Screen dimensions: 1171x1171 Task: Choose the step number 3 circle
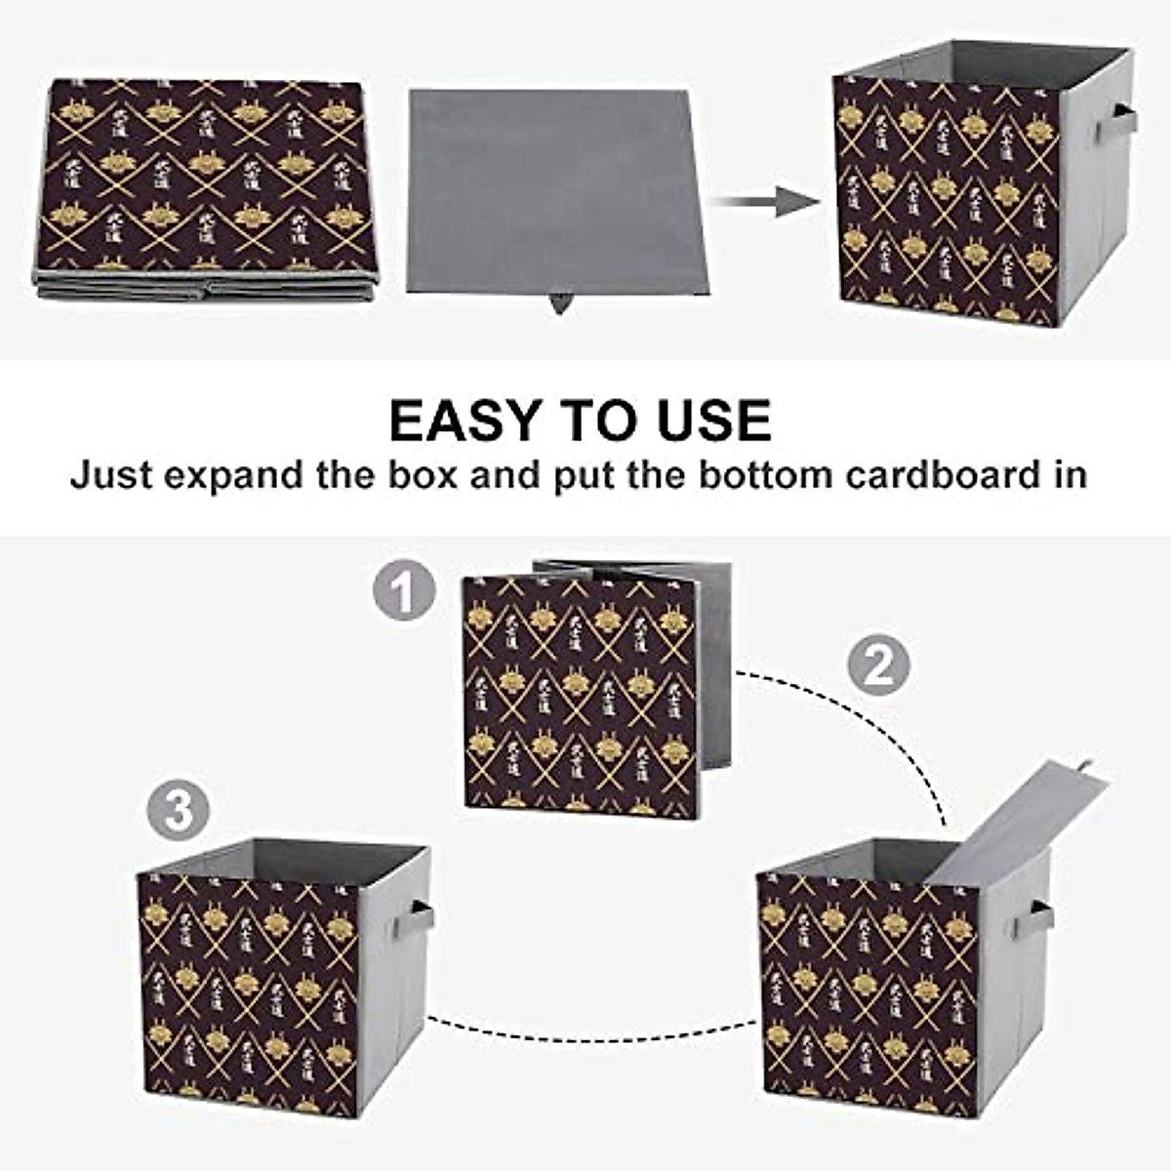tap(179, 811)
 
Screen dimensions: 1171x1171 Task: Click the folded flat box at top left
tap(207, 185)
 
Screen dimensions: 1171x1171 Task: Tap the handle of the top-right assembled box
tap(1115, 124)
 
